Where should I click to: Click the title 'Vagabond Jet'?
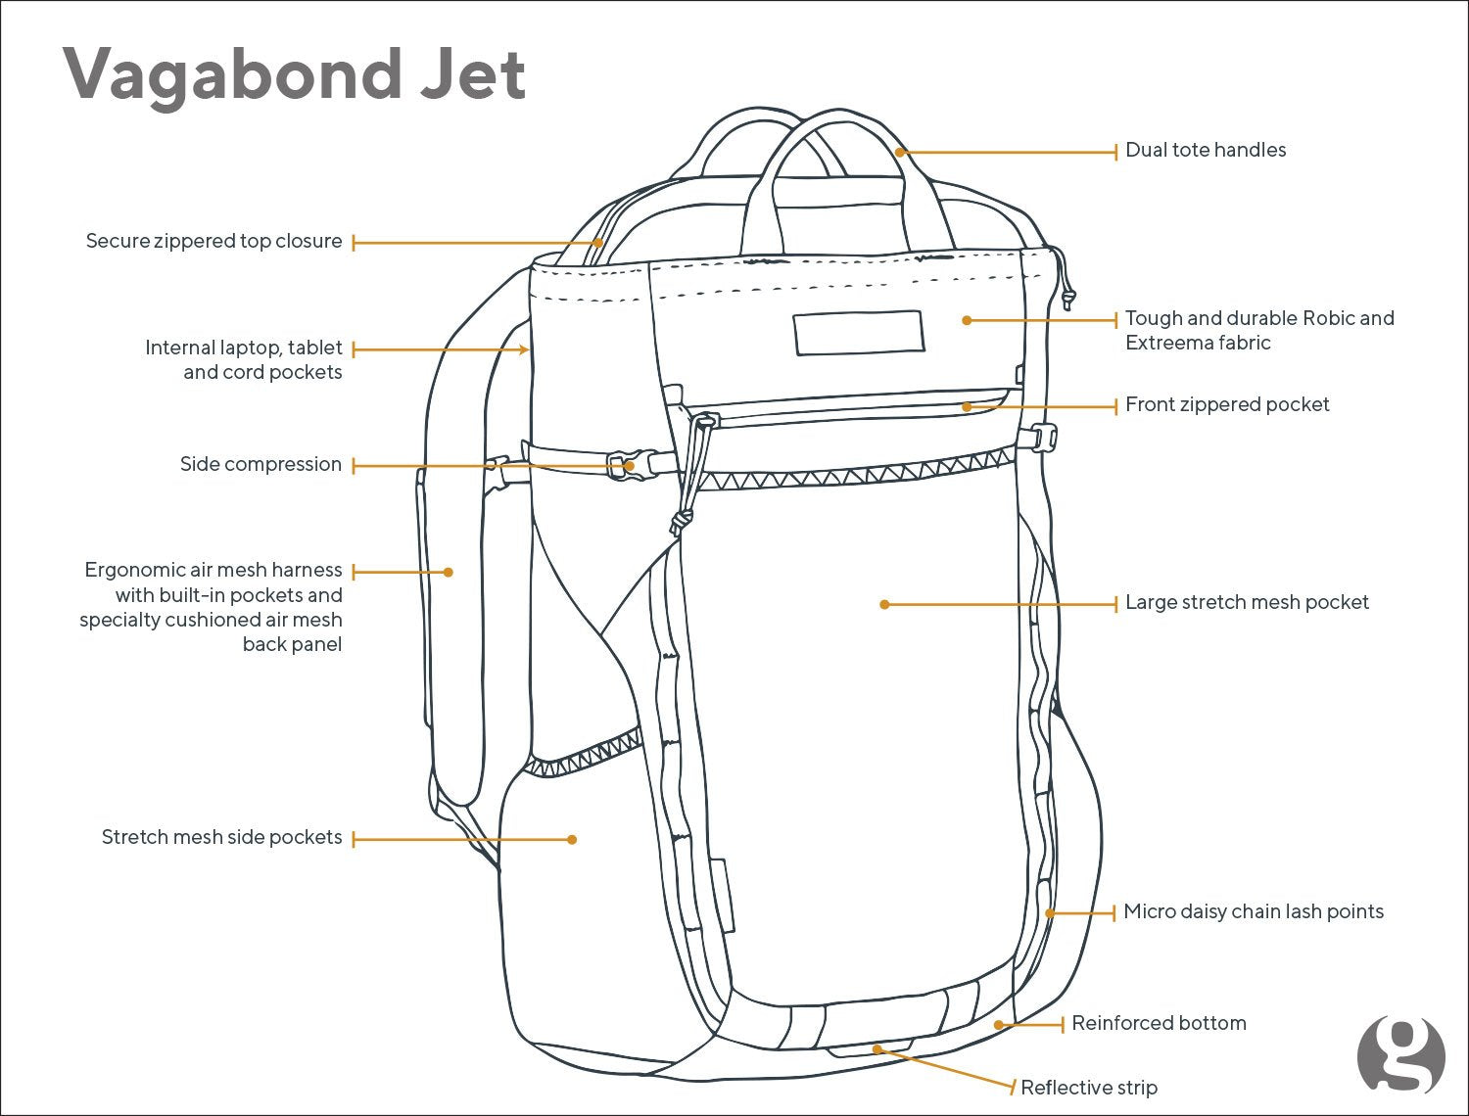coord(295,73)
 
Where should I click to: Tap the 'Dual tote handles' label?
coord(1205,150)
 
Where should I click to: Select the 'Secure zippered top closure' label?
coord(213,241)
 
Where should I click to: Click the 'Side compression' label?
coord(261,464)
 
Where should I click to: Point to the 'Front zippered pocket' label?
coord(1226,404)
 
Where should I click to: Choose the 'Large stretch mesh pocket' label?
coord(1246,602)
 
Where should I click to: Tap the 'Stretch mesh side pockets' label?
coord(221,837)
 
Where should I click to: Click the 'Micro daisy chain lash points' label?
coord(1253,911)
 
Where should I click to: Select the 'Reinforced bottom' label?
coord(1158,1023)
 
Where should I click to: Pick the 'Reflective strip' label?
coord(1088,1088)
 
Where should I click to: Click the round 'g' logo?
coord(1400,1055)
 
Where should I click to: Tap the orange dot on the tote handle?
coord(899,152)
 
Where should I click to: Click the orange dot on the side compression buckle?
coord(630,467)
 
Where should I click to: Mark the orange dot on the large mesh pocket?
coord(884,605)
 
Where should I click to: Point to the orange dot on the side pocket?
coord(573,839)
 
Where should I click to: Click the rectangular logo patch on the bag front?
coord(859,333)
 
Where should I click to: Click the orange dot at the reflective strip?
coord(877,1048)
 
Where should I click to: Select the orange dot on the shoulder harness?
coord(449,572)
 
